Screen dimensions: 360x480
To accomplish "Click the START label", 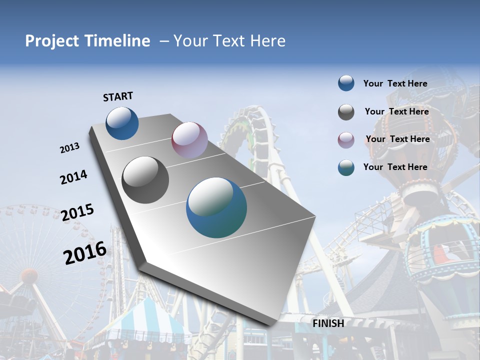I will (x=118, y=96).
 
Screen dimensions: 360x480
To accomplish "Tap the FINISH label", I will (x=328, y=323).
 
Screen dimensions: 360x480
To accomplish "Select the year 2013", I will (x=69, y=148).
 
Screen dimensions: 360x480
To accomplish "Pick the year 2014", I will (x=73, y=177).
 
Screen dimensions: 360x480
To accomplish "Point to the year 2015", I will (x=77, y=212).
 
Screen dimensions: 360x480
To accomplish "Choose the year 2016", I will (x=85, y=253).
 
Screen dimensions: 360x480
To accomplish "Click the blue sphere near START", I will (x=122, y=123).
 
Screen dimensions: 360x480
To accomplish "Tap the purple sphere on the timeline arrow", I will (x=189, y=140).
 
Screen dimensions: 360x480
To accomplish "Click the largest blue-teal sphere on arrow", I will (x=216, y=207).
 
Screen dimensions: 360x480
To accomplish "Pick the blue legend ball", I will (x=346, y=83).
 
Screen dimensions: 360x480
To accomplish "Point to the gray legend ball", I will (x=346, y=112).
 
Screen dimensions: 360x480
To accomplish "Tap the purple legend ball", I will (x=346, y=140).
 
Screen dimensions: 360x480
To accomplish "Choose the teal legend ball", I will (x=346, y=167).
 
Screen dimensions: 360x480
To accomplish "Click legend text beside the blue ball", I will (x=395, y=83).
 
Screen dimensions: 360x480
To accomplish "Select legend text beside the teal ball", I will (x=395, y=167).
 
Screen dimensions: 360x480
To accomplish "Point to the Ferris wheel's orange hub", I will (x=29, y=275).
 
